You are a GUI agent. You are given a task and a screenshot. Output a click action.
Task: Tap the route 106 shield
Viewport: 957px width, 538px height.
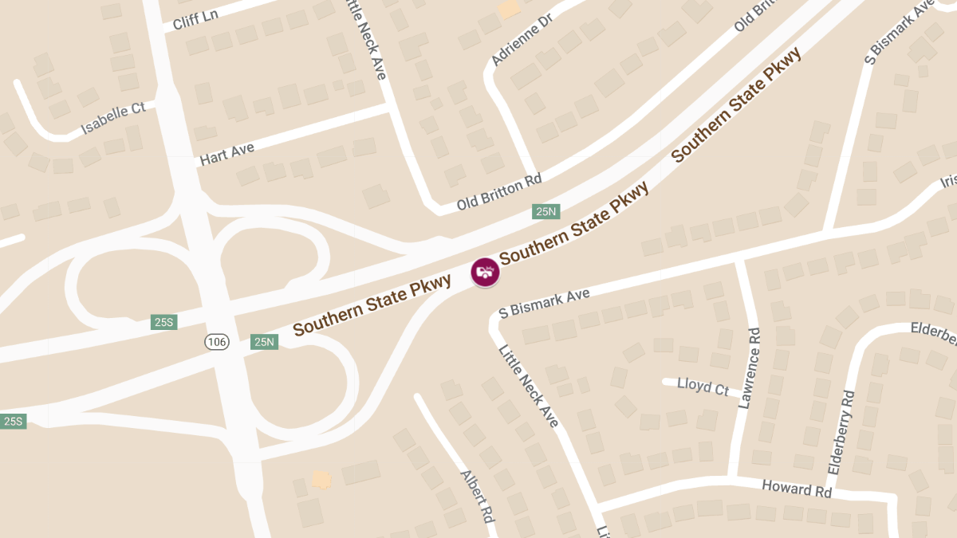pos(216,342)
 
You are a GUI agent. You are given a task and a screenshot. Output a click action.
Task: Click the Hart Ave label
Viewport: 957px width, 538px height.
pos(227,153)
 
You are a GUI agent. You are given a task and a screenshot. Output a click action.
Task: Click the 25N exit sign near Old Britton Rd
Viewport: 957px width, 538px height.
pos(546,211)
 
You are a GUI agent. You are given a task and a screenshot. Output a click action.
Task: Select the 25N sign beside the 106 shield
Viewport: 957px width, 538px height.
pos(264,342)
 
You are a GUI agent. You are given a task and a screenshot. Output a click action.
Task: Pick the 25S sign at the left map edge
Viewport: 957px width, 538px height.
pos(13,421)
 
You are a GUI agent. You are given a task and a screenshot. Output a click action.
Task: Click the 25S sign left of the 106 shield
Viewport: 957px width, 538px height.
pos(163,322)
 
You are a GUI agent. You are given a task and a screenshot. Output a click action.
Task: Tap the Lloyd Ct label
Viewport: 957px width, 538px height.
pos(703,387)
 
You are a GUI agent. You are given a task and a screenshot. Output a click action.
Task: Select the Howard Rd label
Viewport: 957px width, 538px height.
pos(797,488)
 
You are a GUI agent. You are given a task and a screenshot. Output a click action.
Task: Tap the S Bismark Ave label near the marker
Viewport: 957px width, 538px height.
pos(544,304)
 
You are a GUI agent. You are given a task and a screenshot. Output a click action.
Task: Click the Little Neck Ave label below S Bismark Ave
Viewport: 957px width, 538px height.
pos(529,386)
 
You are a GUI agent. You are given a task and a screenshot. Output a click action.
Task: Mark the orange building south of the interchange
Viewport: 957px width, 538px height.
pos(321,479)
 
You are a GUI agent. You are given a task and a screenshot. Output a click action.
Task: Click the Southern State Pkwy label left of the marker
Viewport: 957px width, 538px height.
pos(372,304)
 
